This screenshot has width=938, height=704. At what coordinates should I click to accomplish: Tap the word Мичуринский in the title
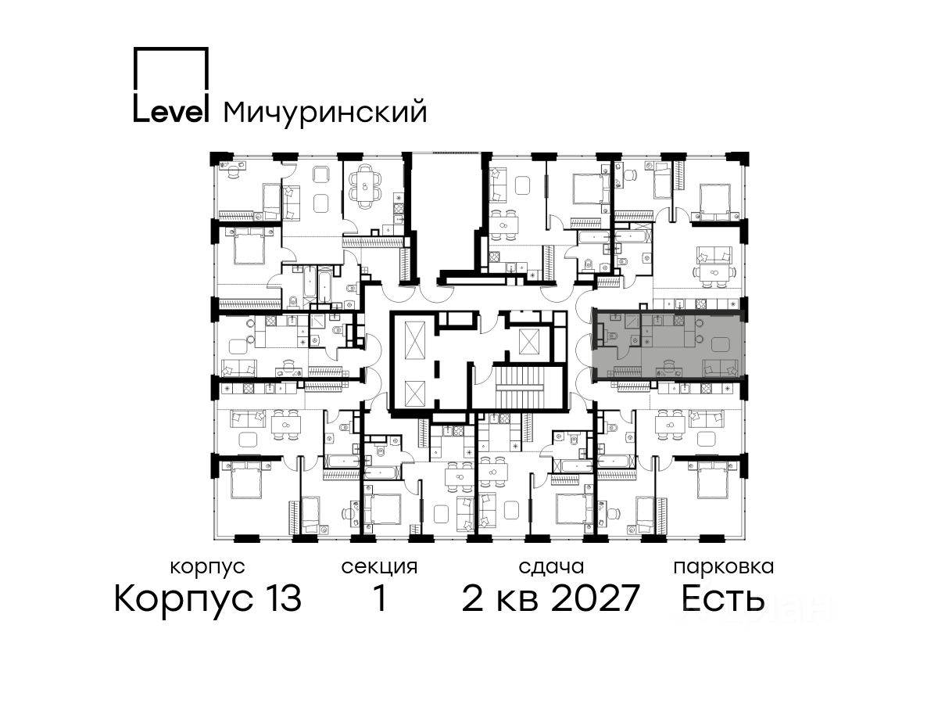click(x=325, y=112)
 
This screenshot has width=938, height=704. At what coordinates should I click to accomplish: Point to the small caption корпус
click(x=208, y=567)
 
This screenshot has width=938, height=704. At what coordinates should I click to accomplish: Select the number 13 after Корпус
click(x=281, y=598)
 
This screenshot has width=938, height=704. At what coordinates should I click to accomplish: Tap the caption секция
click(x=379, y=567)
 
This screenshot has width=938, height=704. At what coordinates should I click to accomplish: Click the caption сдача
click(x=551, y=567)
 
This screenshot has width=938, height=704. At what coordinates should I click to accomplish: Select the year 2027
click(x=596, y=598)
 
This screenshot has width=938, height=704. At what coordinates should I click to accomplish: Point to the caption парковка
click(x=724, y=567)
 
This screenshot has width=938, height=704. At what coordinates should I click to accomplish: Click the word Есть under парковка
click(x=722, y=598)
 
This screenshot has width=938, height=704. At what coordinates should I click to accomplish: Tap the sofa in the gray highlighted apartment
click(x=720, y=367)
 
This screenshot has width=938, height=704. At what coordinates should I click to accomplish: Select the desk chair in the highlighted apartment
click(x=669, y=365)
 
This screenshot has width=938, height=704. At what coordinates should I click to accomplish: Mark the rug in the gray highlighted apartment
click(x=721, y=343)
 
